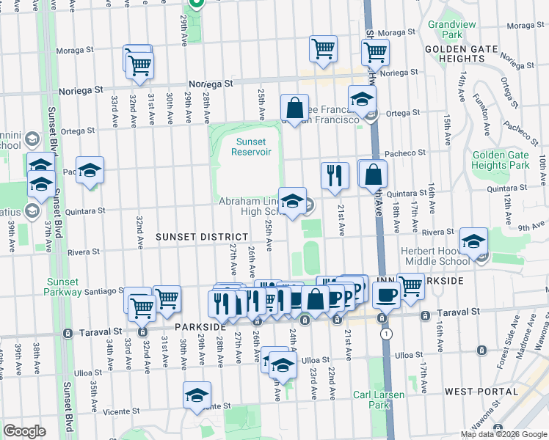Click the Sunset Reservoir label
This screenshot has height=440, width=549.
click(251, 147)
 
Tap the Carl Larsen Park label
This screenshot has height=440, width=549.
click(378, 400)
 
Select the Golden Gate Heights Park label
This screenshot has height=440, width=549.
click(501, 160)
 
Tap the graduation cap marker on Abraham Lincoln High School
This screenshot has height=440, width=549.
click(292, 199)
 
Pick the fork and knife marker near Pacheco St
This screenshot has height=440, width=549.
click(335, 175)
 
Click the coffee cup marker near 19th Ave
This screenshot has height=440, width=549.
click(386, 295)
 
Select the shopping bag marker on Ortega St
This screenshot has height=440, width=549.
click(294, 108)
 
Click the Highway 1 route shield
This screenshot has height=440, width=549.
click(385, 334)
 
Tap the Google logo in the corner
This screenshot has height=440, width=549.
click(25, 431)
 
